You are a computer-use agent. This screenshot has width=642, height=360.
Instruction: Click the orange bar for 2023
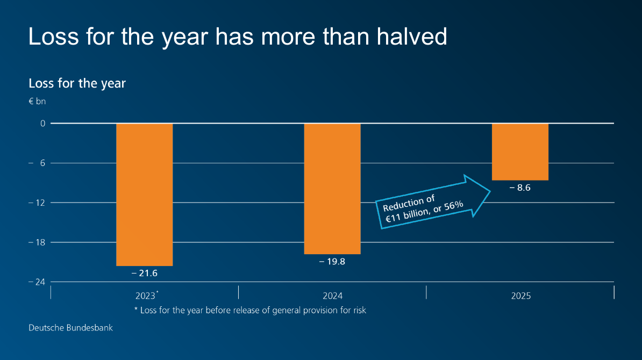[144, 195]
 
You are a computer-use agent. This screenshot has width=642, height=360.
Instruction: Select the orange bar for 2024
[332, 189]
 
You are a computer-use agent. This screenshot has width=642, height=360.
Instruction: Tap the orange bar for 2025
[520, 152]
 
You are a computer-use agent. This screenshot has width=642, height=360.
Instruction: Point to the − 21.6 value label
[144, 273]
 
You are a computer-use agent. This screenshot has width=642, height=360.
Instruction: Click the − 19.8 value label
[332, 262]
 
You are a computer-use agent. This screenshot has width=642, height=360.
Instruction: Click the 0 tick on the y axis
[44, 124]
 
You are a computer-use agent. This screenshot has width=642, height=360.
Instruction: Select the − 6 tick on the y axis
[40, 163]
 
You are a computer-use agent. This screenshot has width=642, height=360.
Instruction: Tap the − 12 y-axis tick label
[38, 203]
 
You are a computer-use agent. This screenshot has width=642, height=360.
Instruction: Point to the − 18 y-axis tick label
[38, 242]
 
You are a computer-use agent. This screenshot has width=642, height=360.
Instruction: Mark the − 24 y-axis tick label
[38, 282]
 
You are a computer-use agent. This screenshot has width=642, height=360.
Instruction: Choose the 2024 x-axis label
[332, 296]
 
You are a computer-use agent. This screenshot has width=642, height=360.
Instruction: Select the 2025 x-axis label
[520, 296]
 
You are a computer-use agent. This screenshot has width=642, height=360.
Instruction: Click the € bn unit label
[38, 101]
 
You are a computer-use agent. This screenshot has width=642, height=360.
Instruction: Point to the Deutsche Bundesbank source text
[70, 327]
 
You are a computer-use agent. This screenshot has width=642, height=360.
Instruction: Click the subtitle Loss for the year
[77, 84]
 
